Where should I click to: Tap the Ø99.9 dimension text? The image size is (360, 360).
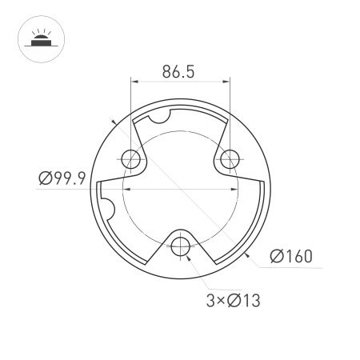click(62, 178)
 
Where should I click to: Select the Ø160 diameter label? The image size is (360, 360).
click(290, 256)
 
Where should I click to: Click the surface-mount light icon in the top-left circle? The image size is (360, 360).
click(38, 38)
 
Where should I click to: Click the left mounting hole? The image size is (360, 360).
click(130, 158)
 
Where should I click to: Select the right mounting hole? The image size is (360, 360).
click(230, 158)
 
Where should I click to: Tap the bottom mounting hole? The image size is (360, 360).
click(181, 244)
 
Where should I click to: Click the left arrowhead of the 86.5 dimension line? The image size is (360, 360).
click(134, 81)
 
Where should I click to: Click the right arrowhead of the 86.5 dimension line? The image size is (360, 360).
click(226, 81)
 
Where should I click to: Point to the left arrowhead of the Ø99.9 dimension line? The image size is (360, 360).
click(125, 188)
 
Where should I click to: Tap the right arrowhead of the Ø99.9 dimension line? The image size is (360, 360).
click(234, 188)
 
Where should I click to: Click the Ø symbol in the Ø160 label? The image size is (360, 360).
click(276, 256)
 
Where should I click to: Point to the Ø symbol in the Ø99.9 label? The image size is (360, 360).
click(45, 178)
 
